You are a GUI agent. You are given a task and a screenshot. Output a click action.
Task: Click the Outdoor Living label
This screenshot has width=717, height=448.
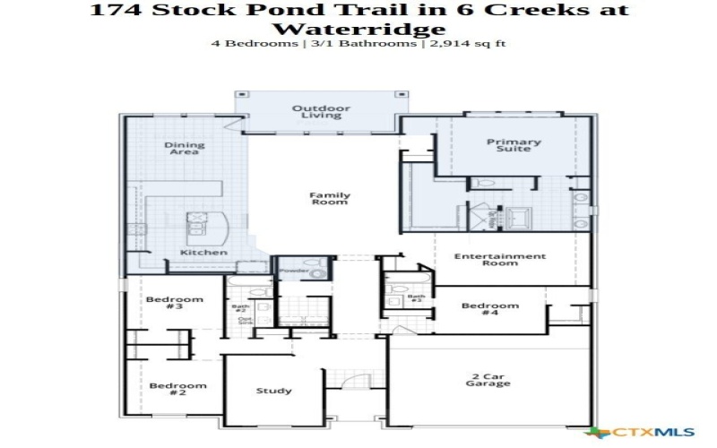[321, 112]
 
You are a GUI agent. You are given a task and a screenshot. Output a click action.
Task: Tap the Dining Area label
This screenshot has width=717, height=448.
[185, 149]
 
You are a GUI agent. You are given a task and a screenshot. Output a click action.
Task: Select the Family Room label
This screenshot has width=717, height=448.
[330, 199]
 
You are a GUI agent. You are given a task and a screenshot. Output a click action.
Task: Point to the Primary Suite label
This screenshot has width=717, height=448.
[514, 145]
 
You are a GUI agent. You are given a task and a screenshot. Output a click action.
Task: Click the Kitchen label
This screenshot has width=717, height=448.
[204, 253]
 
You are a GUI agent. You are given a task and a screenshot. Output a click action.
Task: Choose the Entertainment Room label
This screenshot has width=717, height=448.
[499, 260]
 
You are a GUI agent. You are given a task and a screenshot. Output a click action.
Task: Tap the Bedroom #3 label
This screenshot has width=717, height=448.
[175, 303]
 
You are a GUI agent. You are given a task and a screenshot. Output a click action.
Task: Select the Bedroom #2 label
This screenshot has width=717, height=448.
[177, 390]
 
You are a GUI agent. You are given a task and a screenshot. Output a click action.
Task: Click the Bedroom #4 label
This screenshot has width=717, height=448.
[490, 309]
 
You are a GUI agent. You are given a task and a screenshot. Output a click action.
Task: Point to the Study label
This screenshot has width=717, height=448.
[273, 391]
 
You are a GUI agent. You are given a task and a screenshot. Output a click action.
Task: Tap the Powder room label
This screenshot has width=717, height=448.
[295, 270]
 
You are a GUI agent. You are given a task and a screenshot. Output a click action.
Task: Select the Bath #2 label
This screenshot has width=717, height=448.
[240, 309]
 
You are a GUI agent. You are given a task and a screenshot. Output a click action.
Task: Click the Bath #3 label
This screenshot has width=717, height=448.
[415, 298]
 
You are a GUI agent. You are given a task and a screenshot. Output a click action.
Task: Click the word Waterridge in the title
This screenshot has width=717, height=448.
[358, 29]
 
